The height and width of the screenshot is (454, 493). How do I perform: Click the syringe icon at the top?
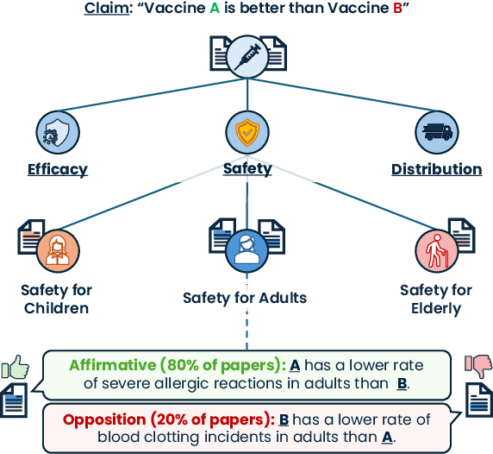246,54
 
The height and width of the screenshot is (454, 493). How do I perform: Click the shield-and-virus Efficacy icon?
57,132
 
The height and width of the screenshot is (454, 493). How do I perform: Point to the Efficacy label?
57,169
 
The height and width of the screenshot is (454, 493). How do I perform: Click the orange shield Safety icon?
246,132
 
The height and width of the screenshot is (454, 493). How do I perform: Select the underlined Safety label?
246,169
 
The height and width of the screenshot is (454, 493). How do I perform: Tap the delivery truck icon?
436,132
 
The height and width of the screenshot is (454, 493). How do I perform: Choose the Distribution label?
436,169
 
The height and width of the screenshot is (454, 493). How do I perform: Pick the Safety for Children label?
57,299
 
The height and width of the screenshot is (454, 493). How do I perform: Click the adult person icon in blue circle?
246,253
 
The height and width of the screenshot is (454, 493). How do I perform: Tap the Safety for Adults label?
246,299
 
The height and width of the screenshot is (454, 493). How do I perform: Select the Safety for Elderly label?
436,299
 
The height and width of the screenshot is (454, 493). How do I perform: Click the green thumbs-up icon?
16,368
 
